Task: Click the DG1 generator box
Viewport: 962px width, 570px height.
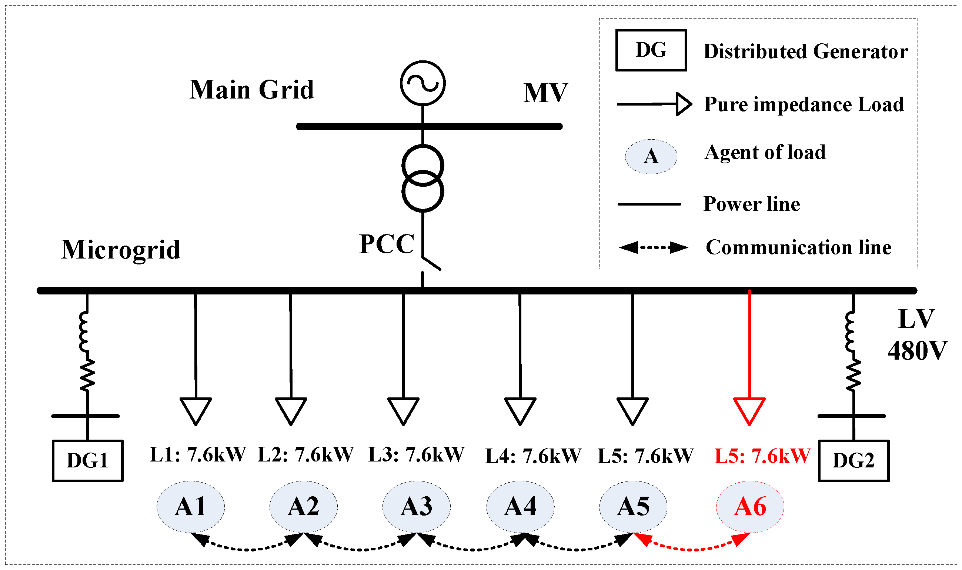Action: point(87,460)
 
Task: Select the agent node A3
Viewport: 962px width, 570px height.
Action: point(416,507)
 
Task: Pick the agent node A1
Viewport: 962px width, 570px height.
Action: point(190,507)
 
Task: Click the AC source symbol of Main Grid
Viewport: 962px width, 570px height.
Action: point(422,83)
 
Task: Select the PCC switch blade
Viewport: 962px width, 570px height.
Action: point(431,263)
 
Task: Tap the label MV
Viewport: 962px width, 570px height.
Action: point(545,93)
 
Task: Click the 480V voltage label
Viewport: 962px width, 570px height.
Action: point(917,351)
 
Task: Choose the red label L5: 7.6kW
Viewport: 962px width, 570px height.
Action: point(762,456)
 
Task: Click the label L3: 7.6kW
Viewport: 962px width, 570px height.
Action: point(416,455)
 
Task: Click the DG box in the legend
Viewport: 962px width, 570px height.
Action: point(651,50)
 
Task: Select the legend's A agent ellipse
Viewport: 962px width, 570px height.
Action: point(651,157)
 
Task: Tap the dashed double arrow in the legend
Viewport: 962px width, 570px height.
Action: point(653,247)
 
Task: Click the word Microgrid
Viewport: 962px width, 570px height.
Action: point(121,250)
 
